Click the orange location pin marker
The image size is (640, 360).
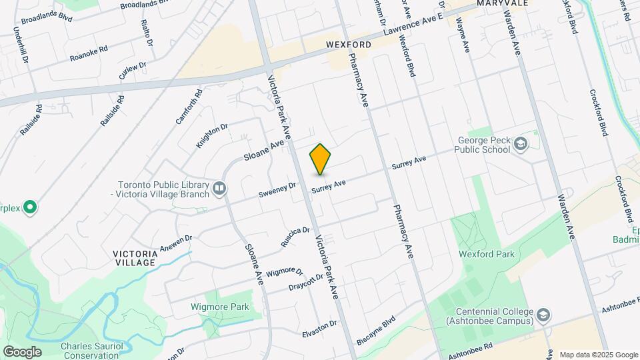pyautogui.click(x=320, y=159)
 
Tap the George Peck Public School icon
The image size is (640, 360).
pyautogui.click(x=520, y=145)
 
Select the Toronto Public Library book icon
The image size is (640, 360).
pyautogui.click(x=218, y=190)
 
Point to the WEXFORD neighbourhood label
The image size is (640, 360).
pyautogui.click(x=349, y=45)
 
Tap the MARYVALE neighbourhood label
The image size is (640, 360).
pyautogui.click(x=503, y=3)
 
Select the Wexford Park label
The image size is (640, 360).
pyautogui.click(x=486, y=254)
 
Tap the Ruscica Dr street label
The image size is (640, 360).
pyautogui.click(x=295, y=237)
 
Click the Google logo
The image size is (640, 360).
pyautogui.click(x=21, y=351)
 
